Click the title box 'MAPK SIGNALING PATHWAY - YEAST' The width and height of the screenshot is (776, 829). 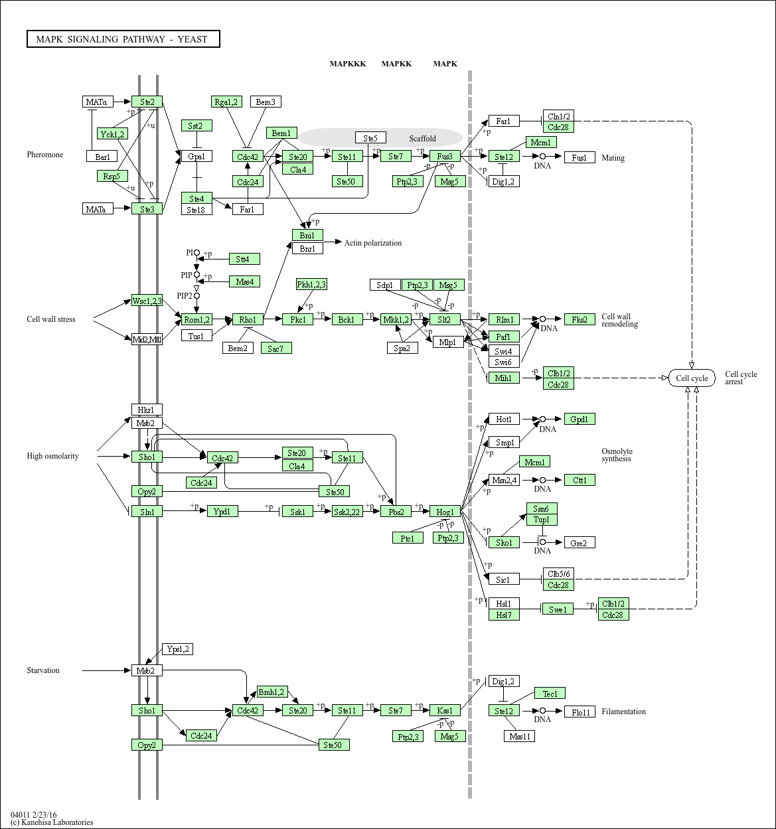click(x=123, y=39)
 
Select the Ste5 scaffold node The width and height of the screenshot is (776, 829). click(x=370, y=138)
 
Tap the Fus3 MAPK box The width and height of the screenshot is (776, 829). click(x=445, y=157)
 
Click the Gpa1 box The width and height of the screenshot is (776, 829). click(x=196, y=157)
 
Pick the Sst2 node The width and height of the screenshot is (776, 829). click(x=196, y=125)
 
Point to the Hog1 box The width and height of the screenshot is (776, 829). click(x=445, y=512)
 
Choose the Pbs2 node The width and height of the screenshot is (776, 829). click(x=396, y=512)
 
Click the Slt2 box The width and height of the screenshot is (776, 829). click(x=445, y=319)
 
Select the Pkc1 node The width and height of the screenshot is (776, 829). click(x=297, y=319)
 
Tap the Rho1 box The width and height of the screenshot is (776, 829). click(x=248, y=319)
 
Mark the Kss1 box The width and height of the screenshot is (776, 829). click(x=445, y=710)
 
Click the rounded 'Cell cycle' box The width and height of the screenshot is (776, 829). click(x=692, y=378)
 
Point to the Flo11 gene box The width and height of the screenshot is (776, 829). click(x=580, y=712)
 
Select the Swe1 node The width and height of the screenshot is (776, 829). click(x=558, y=609)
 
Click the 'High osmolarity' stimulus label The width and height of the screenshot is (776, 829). click(x=52, y=456)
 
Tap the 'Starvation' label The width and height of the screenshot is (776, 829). click(x=43, y=670)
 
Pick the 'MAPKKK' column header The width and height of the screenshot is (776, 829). click(x=348, y=64)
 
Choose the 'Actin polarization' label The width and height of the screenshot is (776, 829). click(x=372, y=243)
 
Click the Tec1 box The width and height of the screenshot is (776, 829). click(x=550, y=694)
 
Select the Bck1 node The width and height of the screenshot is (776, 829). click(x=347, y=319)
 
